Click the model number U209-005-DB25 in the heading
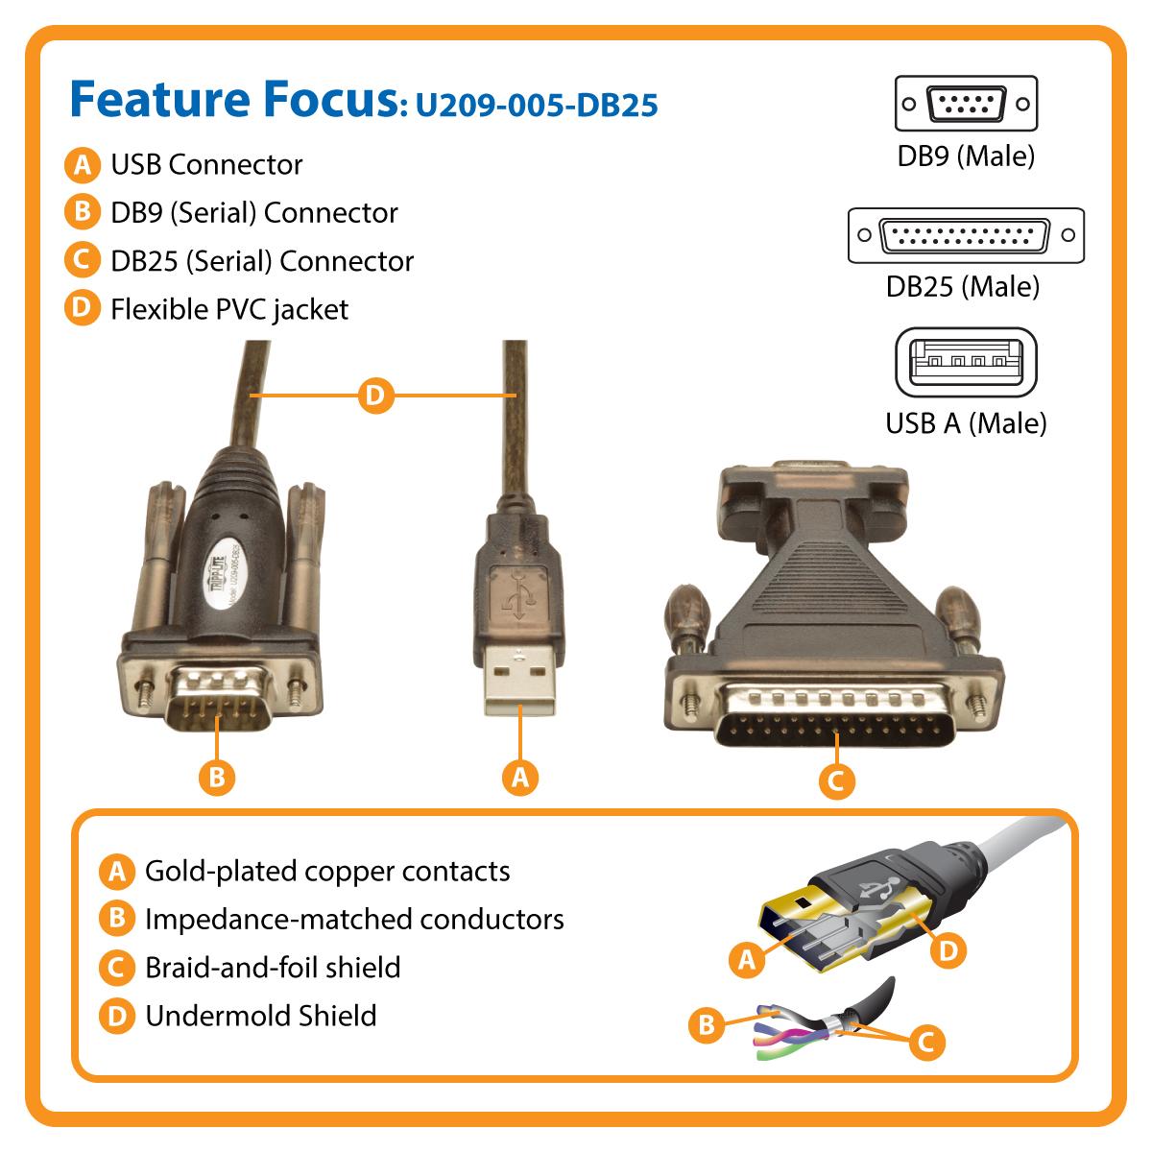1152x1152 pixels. coord(536,104)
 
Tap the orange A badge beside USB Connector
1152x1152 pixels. coord(83,165)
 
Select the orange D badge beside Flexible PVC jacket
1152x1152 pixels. coord(83,309)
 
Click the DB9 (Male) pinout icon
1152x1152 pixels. coord(966,104)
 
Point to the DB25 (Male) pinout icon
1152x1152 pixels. coord(966,235)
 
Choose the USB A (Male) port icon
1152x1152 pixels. coord(966,363)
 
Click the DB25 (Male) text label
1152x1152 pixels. coord(962,286)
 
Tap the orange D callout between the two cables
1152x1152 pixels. coord(375,395)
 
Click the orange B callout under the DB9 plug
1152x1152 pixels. coord(217,777)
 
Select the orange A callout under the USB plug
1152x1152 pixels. coord(520,777)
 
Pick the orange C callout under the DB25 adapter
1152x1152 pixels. coord(835,780)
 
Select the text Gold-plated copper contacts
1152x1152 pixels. coord(327,872)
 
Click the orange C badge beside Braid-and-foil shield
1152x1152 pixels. coord(117,968)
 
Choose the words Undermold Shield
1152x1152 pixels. coord(260,1016)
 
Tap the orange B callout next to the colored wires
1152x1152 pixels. coord(707,1025)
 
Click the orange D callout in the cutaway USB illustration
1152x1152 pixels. coord(948,950)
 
